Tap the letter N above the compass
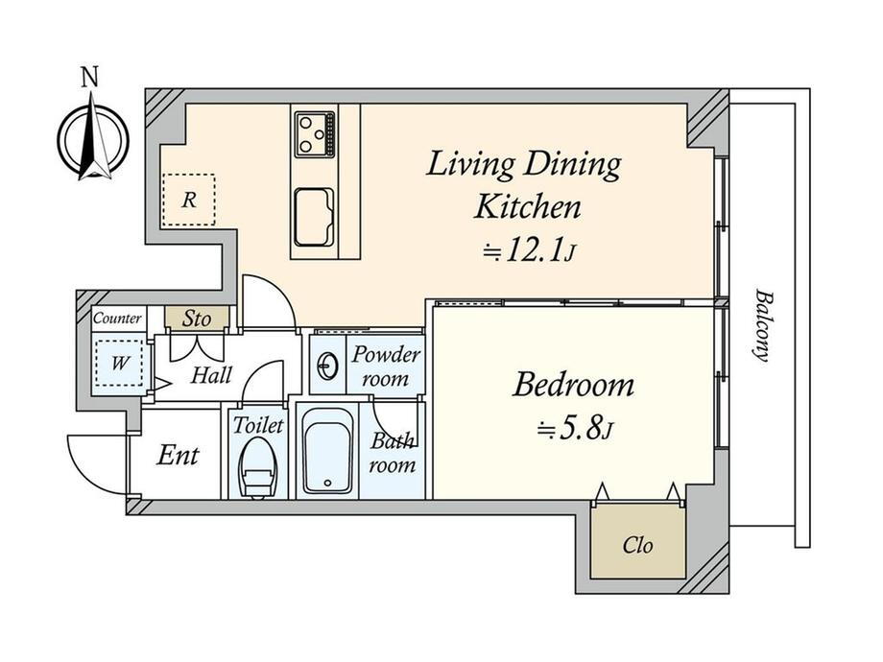[90, 77]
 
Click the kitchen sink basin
[314, 217]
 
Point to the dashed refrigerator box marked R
[189, 200]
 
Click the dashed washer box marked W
[119, 363]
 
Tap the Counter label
[117, 319]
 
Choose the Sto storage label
[197, 319]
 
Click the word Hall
[211, 375]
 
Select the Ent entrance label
[178, 456]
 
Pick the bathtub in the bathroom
[327, 451]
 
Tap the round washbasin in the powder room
[327, 367]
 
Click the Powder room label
[386, 366]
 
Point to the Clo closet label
[638, 545]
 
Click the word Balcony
[762, 325]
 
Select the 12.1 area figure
[535, 250]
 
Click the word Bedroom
[573, 386]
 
